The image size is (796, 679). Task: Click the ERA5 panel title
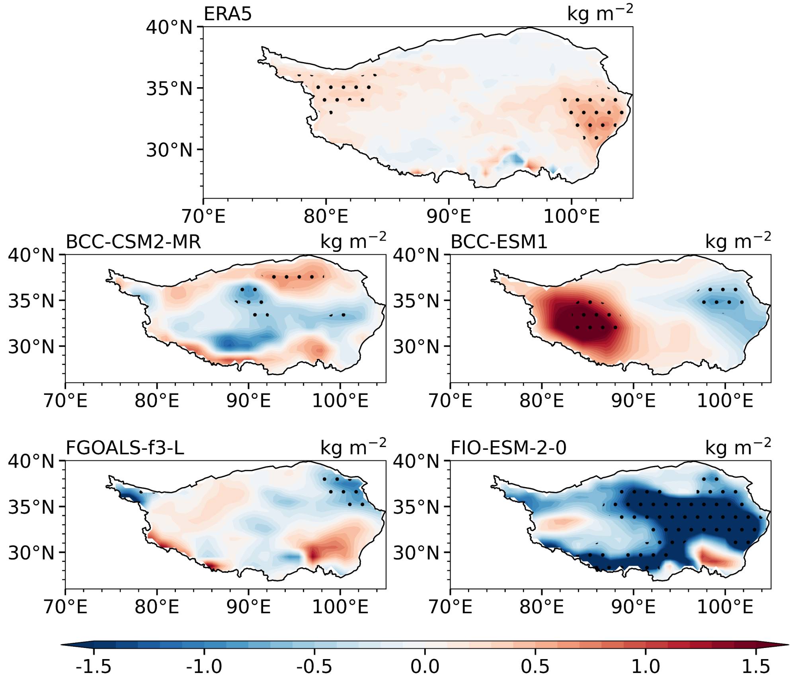pos(228,14)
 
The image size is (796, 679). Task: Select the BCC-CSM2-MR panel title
pos(133,242)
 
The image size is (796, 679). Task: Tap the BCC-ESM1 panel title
pos(499,242)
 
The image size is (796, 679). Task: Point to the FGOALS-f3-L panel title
pos(125,448)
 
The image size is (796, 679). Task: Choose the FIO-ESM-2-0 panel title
pos(508,448)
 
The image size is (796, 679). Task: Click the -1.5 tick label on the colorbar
pos(94,666)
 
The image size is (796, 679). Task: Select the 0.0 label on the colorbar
pos(425,666)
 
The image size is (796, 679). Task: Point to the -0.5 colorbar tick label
pos(314,666)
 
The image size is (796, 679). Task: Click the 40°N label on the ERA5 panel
pos(169,28)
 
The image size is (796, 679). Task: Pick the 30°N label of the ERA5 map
pos(169,150)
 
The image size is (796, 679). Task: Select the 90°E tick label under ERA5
pos(449,217)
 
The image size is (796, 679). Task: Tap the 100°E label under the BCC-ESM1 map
pos(725,400)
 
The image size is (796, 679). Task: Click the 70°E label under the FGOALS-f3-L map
pos(66,607)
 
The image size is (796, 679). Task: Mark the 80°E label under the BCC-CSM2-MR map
pos(157,400)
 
